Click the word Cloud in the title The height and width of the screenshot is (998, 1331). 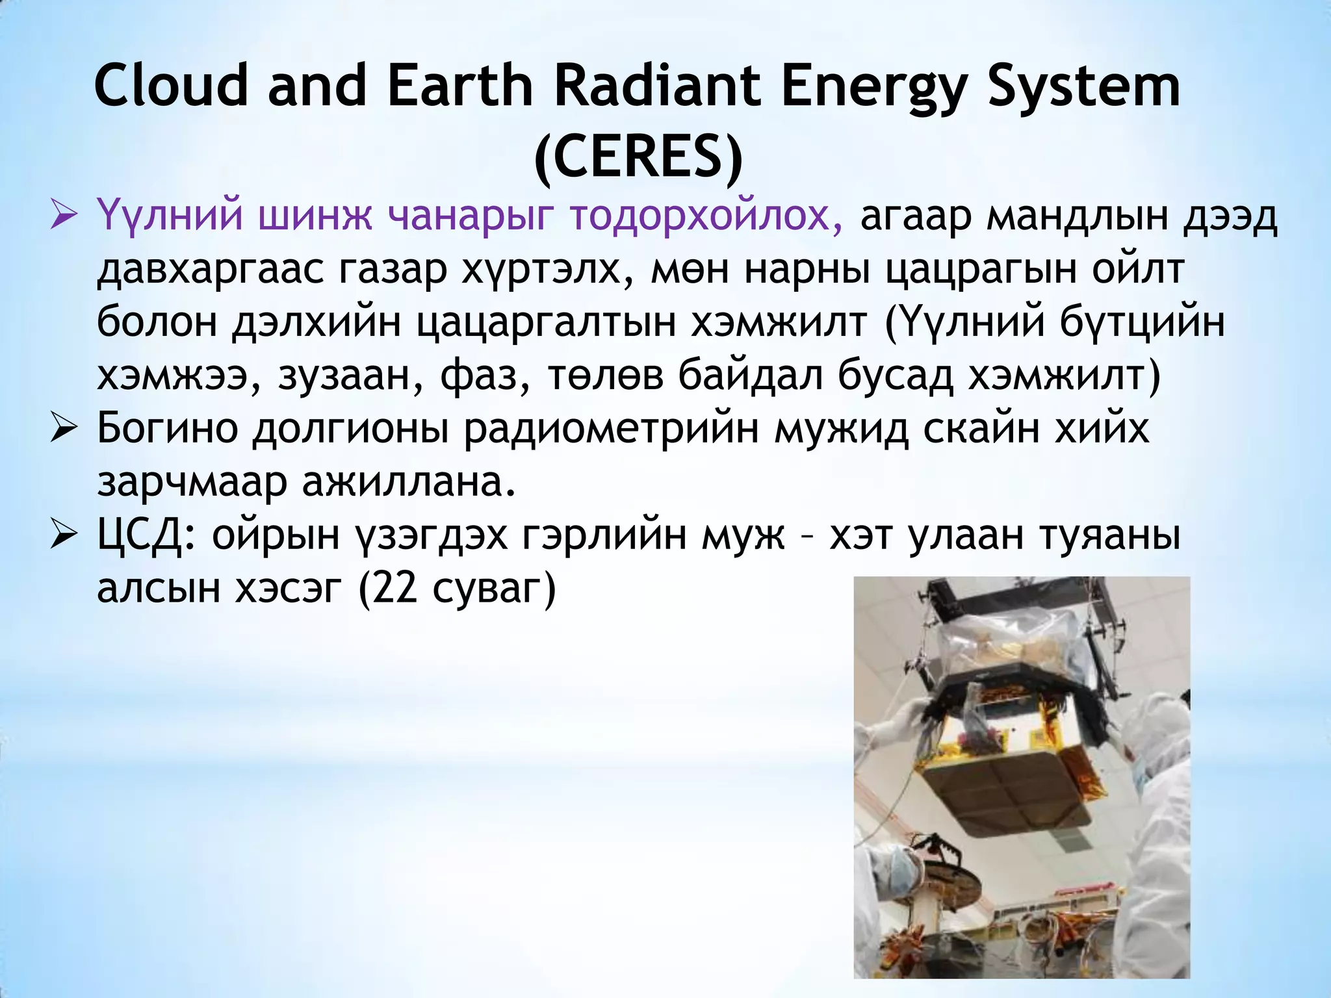171,86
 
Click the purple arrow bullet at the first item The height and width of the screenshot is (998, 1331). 64,215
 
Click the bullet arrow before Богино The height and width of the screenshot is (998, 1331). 64,429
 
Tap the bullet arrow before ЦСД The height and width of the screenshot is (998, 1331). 64,537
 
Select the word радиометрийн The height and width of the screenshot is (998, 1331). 611,429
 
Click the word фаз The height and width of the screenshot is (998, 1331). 478,377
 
